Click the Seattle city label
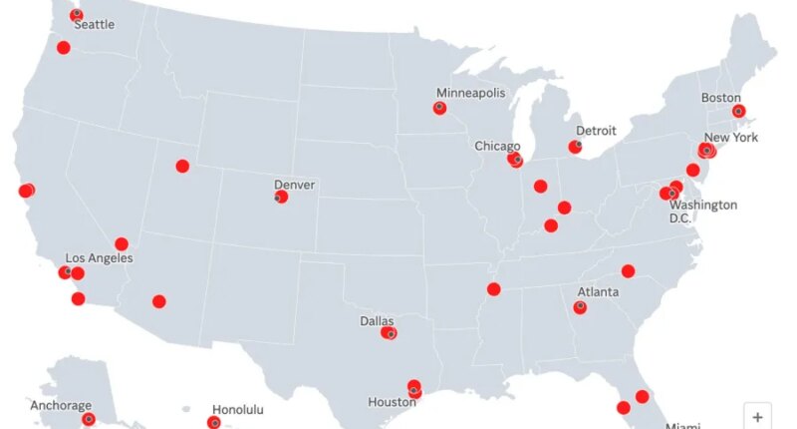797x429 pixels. point(95,24)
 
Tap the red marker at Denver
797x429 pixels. point(281,197)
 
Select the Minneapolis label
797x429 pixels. point(472,93)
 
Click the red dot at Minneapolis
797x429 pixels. point(439,108)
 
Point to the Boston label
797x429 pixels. point(721,98)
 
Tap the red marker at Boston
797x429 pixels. point(738,111)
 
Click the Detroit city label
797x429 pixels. point(596,131)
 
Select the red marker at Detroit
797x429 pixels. point(575,147)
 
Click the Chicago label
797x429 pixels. point(497,146)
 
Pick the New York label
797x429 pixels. point(731,138)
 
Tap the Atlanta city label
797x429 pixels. point(598,292)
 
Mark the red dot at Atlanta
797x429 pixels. point(580,307)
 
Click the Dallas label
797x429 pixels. point(377,321)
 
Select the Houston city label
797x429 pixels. point(392,402)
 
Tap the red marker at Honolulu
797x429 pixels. point(213,423)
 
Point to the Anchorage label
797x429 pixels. point(61,406)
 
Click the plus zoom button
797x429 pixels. point(758,417)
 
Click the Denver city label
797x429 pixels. point(295,185)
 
